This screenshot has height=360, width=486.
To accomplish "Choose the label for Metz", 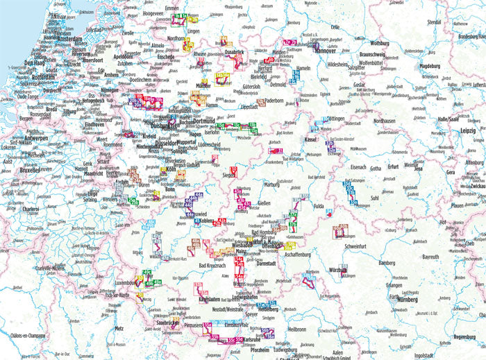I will point(119,328).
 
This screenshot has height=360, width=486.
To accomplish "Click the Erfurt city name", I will point(393,166).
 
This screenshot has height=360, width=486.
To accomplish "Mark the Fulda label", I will point(319,206).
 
